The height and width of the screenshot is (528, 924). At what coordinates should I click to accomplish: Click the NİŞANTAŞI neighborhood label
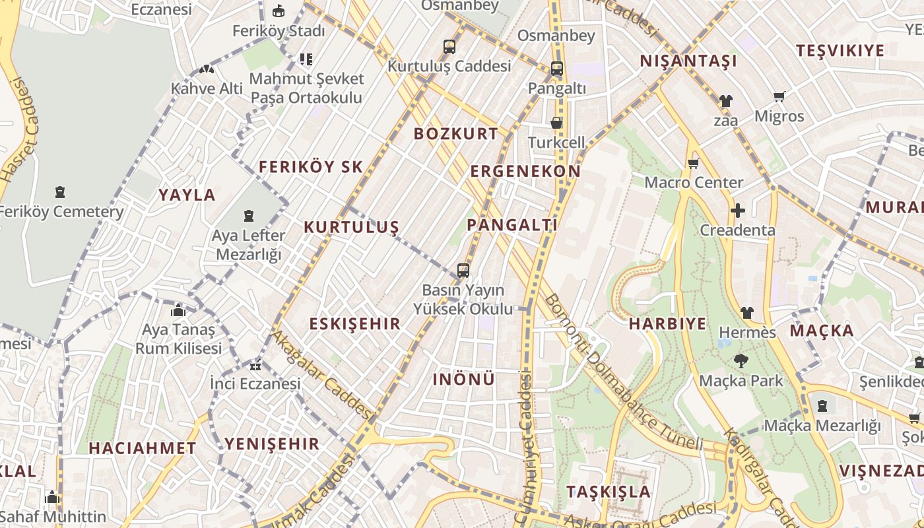[x=688, y=61]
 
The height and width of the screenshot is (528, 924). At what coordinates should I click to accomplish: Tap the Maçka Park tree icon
[x=741, y=361]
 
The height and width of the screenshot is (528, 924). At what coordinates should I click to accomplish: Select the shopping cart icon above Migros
[x=779, y=97]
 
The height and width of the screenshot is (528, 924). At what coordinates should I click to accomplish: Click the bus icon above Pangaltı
[x=557, y=69]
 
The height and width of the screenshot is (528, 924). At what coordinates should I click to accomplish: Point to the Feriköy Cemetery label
[x=60, y=212]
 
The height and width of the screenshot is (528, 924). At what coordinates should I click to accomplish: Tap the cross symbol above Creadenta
[x=738, y=211]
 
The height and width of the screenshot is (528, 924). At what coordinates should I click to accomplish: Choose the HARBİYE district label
[x=667, y=323]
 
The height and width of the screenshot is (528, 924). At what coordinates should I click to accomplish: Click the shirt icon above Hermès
[x=746, y=312]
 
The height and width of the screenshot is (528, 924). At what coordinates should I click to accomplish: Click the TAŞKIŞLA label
[x=609, y=492]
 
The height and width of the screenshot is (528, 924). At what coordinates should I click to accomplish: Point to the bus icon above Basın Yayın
[x=463, y=271]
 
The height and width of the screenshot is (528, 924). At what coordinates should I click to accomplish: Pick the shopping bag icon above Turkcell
[x=557, y=123]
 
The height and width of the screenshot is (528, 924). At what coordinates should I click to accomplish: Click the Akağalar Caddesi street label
[x=323, y=374]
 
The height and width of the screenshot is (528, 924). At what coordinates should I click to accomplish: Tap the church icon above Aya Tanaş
[x=178, y=310]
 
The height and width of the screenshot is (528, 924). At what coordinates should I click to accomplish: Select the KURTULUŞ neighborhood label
[x=351, y=227]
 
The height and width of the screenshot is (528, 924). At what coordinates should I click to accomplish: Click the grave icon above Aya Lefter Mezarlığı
[x=249, y=216]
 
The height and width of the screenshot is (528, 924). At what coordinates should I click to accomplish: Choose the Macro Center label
[x=694, y=182]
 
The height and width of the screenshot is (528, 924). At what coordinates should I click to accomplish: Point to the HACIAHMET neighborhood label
[x=143, y=447]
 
